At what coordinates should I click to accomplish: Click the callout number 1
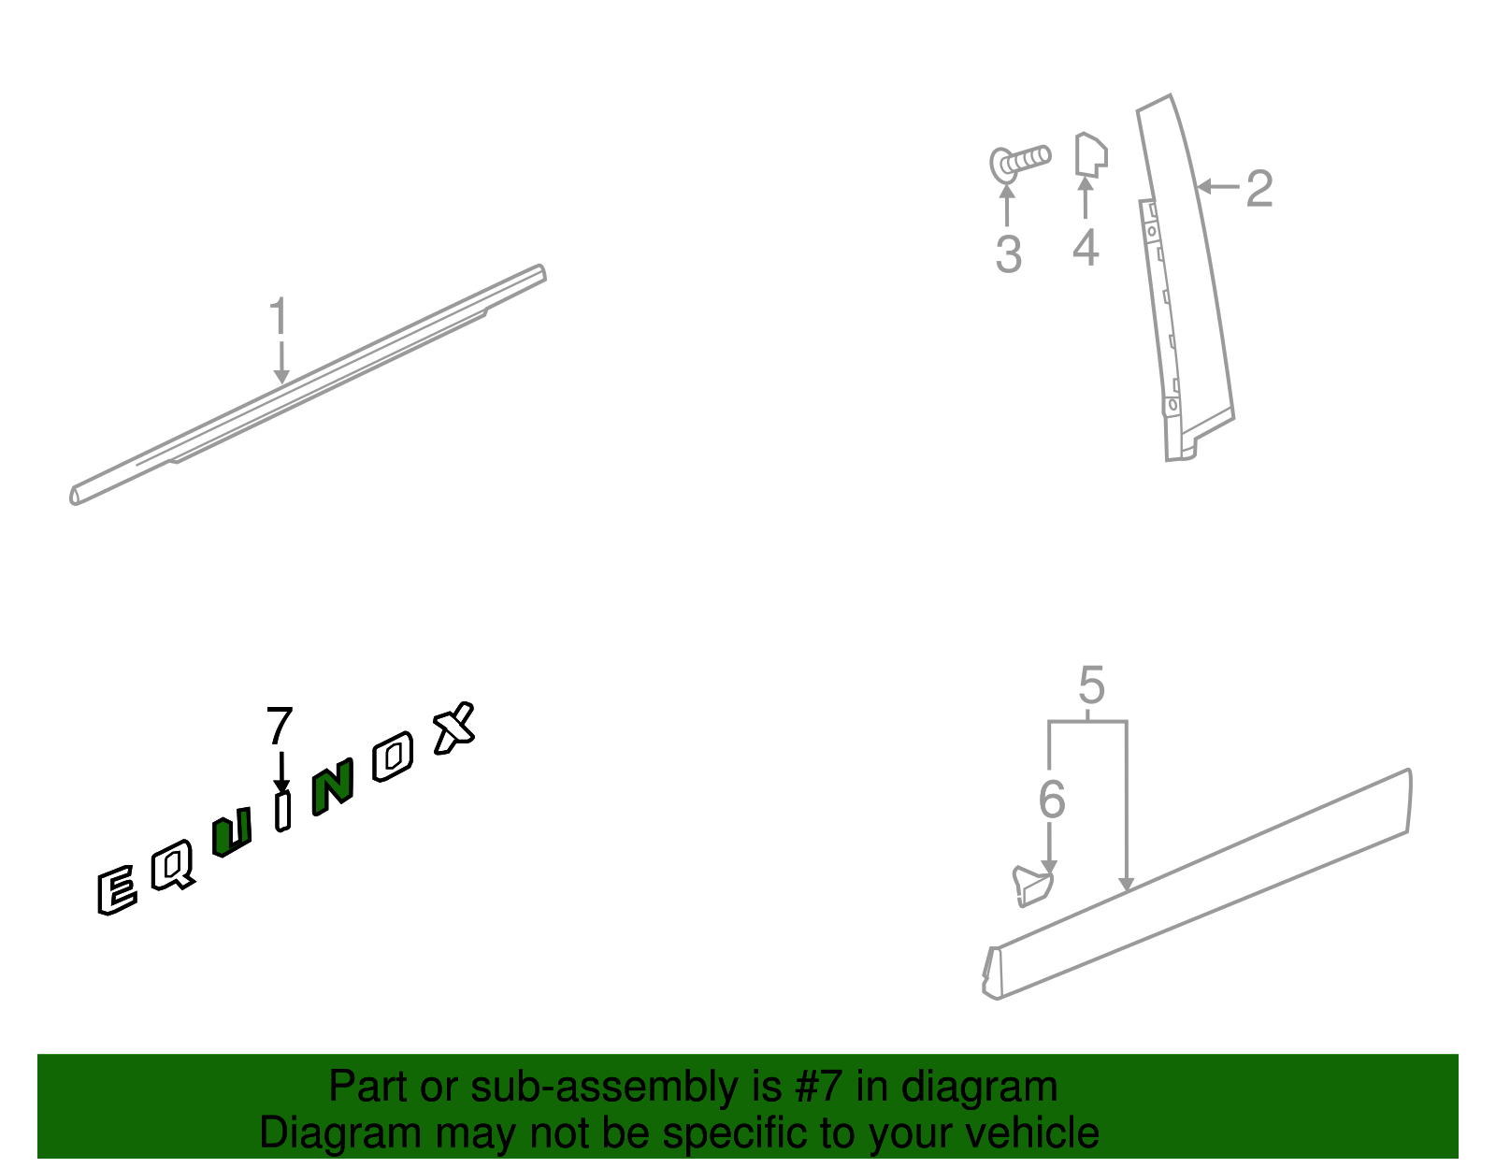point(278,316)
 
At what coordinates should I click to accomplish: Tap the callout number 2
point(1259,189)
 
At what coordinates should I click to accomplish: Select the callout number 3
point(1009,254)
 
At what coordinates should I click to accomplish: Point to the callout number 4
point(1086,247)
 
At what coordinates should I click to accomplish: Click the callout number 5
point(1092,685)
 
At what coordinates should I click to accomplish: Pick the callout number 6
point(1052,800)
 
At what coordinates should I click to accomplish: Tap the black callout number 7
point(280,726)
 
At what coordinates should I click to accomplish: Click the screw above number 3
point(1019,164)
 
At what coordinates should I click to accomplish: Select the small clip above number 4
point(1091,155)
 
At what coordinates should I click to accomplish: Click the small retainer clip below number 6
point(1032,887)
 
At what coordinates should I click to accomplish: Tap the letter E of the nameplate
point(116,890)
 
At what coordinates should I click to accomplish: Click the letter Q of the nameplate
point(173,865)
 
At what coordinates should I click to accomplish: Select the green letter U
point(231,832)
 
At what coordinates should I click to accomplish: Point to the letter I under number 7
point(283,811)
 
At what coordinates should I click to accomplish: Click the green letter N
point(333,786)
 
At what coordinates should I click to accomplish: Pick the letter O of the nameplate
point(393,757)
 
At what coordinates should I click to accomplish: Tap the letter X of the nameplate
point(454,728)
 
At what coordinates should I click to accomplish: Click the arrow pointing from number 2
point(1218,186)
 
